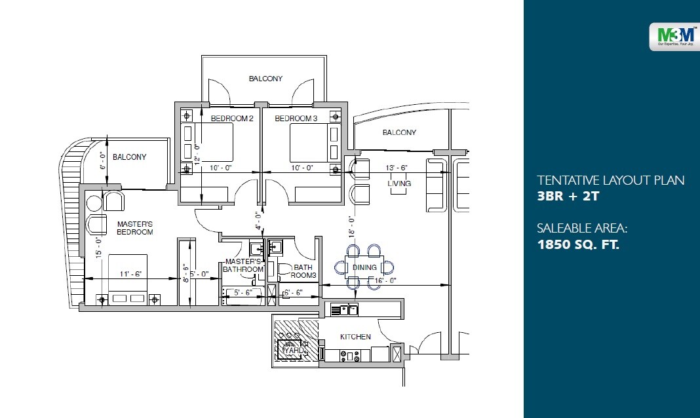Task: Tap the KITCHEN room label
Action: (355, 337)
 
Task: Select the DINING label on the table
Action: (364, 267)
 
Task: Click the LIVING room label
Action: (399, 184)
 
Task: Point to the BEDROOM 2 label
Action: (231, 119)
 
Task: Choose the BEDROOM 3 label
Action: (296, 119)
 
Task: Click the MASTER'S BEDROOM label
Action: (135, 228)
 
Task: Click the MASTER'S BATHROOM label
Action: (243, 265)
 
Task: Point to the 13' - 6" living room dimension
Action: (397, 168)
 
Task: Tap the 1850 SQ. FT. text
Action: (578, 246)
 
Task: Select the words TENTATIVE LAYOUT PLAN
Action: (610, 180)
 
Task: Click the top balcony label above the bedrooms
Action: (265, 79)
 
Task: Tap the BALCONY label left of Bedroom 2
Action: (129, 157)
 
